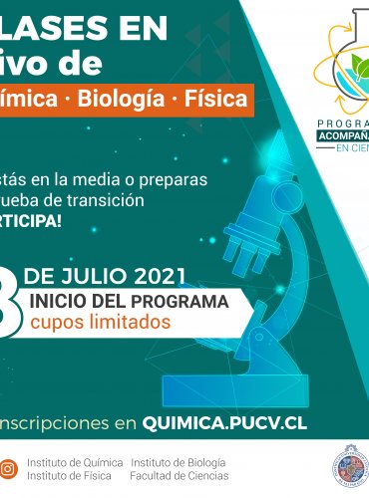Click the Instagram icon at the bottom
8,467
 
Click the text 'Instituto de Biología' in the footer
179,462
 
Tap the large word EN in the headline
134,30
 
